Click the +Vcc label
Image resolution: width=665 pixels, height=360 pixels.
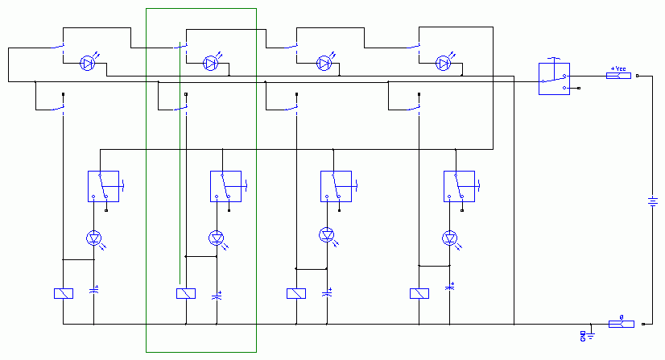(617, 69)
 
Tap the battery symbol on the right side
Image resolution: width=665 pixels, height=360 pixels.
(653, 201)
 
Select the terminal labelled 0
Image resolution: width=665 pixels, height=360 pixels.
(621, 324)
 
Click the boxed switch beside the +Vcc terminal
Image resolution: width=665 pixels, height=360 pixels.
(554, 79)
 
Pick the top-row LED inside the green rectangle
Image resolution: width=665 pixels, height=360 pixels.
(210, 62)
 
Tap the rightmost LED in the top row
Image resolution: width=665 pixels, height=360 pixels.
(444, 62)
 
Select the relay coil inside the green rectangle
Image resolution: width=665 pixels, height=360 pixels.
(186, 293)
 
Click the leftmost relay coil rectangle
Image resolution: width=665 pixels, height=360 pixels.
(63, 293)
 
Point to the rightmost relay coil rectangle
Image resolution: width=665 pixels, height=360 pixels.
(419, 293)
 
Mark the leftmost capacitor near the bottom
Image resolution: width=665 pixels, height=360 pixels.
(94, 290)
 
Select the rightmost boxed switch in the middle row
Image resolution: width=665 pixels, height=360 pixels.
(460, 187)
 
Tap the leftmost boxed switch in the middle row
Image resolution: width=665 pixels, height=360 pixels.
(103, 187)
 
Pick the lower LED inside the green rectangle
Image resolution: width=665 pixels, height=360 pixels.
(216, 238)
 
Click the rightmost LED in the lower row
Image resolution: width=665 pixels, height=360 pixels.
(450, 238)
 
